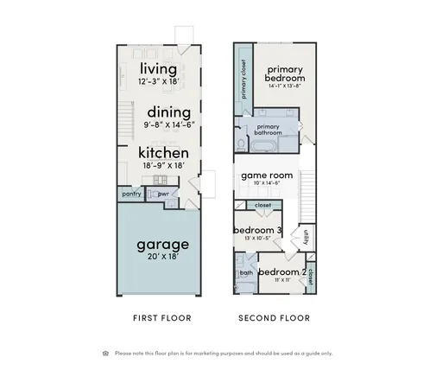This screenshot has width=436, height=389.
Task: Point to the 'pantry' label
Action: point(131,194)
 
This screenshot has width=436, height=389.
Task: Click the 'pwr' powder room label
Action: point(161,194)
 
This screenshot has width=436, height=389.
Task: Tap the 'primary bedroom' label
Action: point(285,73)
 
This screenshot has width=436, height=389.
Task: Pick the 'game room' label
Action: point(267,175)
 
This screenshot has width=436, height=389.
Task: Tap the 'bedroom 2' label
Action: point(281,273)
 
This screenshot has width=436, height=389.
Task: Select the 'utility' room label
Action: point(306,236)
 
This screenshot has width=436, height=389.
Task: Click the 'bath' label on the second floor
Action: point(246,273)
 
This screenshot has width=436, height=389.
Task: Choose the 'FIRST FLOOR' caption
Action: point(161,318)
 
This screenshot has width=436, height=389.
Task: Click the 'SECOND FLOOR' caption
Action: point(274,318)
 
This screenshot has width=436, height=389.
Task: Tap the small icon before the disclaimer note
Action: point(105,353)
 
